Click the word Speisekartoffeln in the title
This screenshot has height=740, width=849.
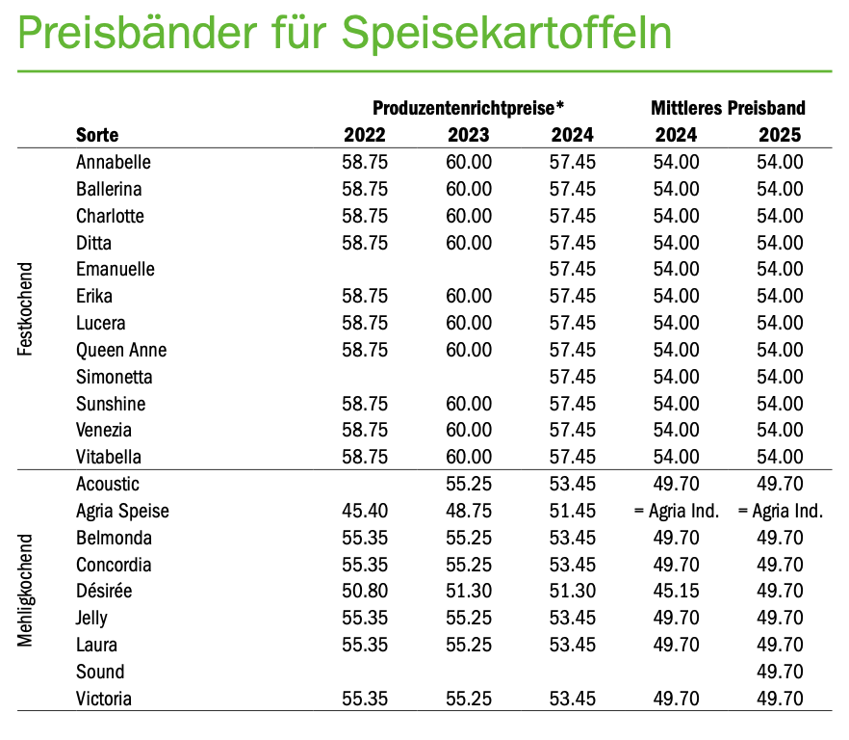506,35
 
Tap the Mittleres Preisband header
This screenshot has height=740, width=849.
728,107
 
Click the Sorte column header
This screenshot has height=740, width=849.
97,135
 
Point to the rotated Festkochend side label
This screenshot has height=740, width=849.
26,308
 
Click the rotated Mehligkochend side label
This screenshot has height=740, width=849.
26,591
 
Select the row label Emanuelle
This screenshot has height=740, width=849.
116,269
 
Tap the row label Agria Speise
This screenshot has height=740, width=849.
122,511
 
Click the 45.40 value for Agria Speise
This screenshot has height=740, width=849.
365,511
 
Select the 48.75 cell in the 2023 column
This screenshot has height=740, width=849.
469,511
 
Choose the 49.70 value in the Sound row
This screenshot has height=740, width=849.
780,672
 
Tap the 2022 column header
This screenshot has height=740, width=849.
365,135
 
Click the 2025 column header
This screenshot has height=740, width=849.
780,135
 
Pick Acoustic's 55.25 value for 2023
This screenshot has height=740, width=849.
469,484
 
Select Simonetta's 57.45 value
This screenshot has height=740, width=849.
573,377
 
